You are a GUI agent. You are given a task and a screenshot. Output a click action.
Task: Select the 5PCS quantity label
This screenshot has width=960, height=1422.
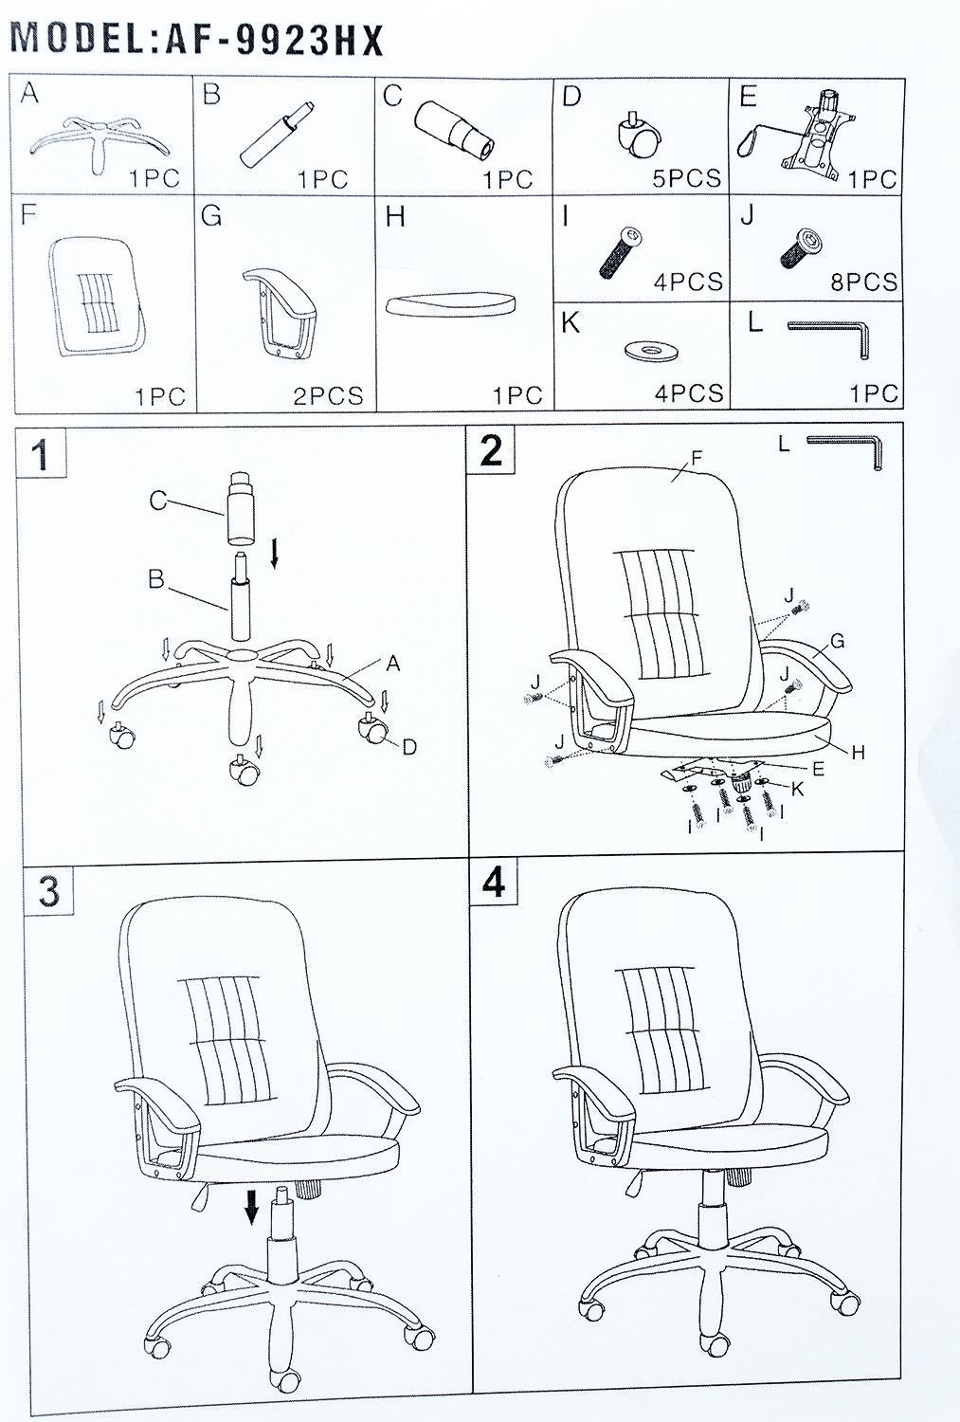686,178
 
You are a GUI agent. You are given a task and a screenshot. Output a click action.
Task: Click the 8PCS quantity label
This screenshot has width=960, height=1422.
863,282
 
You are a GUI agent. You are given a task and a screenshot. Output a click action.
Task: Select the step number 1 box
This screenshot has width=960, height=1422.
42,453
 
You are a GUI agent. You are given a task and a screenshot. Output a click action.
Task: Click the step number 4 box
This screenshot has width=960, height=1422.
495,881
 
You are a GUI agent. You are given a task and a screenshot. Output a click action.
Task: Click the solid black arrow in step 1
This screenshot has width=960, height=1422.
275,554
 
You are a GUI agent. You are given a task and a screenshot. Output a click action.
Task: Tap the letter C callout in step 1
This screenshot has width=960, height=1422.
158,501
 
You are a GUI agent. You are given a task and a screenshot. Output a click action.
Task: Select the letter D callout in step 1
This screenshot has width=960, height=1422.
409,747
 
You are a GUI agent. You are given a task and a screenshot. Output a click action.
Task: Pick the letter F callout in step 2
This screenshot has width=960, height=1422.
696,458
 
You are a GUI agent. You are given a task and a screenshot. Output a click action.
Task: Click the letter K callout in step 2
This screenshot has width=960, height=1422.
798,789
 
